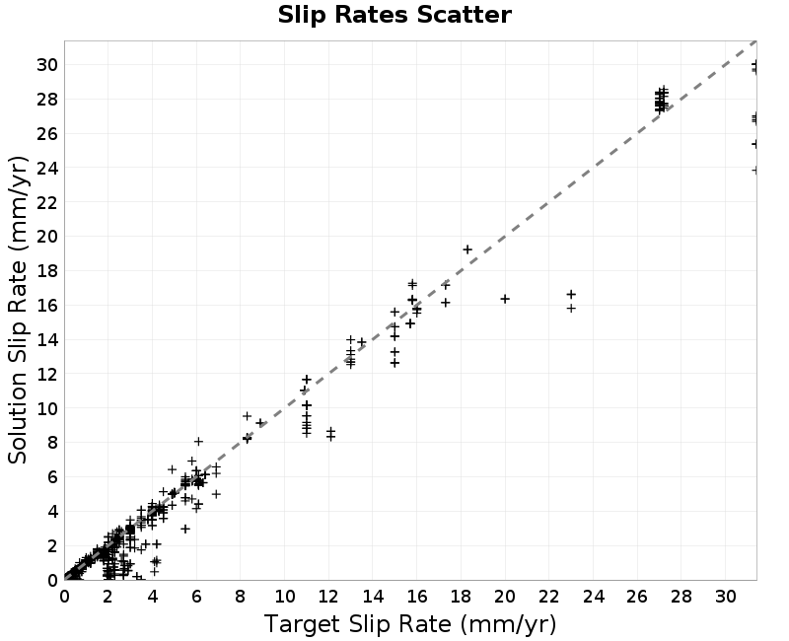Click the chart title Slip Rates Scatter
point(394,15)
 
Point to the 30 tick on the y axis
point(46,65)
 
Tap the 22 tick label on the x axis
point(549,597)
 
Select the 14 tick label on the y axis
point(46,339)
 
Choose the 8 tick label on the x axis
point(241,597)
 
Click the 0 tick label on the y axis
point(53,580)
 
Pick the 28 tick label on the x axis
point(681,597)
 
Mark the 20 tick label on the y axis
point(46,237)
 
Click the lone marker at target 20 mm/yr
point(505,299)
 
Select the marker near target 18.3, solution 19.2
point(467,249)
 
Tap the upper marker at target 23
point(571,294)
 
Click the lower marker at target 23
point(571,308)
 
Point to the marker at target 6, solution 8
point(199,441)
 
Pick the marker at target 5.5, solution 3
point(185,529)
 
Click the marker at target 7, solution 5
point(216,495)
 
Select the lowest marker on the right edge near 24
point(754,171)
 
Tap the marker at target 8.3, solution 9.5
point(248,416)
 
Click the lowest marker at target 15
point(395,363)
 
